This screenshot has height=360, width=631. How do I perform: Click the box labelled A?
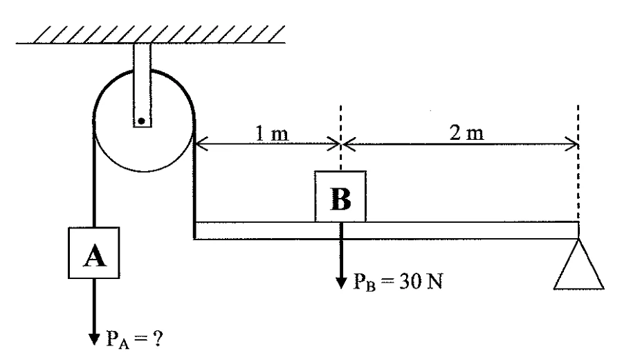pos(94,253)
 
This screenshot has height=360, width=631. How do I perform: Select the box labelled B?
pos(340,196)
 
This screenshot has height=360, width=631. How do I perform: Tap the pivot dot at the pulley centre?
pos(142,120)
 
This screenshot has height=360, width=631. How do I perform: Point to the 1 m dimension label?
pos(272,134)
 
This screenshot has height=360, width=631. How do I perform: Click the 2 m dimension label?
pos(467,132)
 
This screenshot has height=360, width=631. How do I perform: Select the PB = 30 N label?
pos(398,282)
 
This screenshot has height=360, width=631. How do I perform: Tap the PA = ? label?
pos(134,339)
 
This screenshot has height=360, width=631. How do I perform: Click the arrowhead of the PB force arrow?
pos(341,283)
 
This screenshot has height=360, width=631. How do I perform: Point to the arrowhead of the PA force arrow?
pos(94,339)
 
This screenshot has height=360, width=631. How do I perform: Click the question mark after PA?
pos(158,339)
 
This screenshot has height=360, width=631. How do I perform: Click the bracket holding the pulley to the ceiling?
pos(143,85)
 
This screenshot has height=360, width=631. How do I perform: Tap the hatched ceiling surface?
pos(151,35)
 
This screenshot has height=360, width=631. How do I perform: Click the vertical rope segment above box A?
pos(94,173)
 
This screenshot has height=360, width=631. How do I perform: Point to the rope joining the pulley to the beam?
pos(194,179)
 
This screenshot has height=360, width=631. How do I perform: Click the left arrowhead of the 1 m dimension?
pos(201,143)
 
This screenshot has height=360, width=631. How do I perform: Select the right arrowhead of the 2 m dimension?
pos(572,143)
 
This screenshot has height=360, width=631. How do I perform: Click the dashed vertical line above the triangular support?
pos(578,163)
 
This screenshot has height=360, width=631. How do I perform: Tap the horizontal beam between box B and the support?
pos(472,231)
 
